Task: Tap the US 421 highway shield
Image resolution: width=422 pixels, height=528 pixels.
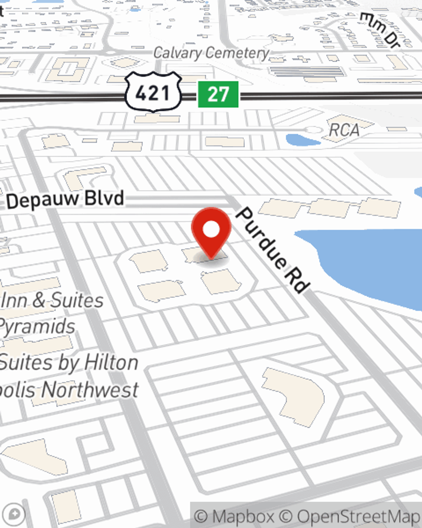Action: pyautogui.click(x=153, y=93)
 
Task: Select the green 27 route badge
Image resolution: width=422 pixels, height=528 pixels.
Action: pyautogui.click(x=218, y=94)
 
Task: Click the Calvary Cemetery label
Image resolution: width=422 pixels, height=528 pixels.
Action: pyautogui.click(x=211, y=53)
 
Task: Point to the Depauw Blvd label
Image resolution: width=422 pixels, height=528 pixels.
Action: pyautogui.click(x=65, y=199)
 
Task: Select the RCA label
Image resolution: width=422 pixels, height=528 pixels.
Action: pyautogui.click(x=344, y=130)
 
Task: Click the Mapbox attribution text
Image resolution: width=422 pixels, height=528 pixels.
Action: pyautogui.click(x=234, y=516)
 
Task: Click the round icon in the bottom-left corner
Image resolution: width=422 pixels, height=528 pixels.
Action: pyautogui.click(x=14, y=514)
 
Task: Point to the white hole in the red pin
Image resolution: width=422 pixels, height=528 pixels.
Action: pyautogui.click(x=211, y=230)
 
